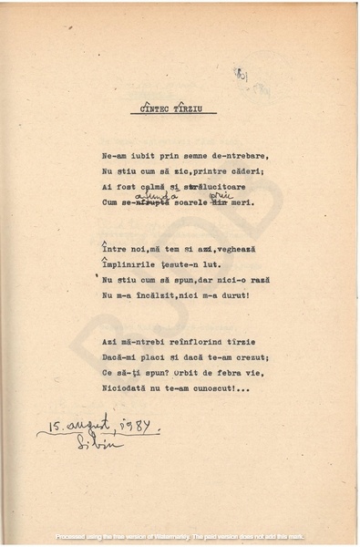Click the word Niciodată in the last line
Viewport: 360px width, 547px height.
pyautogui.click(x=129, y=387)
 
